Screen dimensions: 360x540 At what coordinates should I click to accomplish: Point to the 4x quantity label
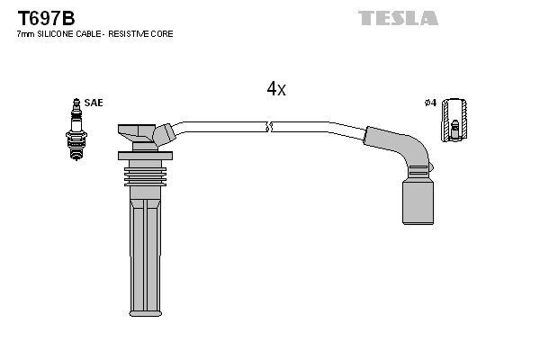tap(276, 88)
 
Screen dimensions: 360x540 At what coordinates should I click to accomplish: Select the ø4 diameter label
tap(430, 103)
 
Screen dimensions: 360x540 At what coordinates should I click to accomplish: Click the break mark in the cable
tap(269, 126)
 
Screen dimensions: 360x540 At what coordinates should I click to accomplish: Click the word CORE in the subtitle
tap(163, 33)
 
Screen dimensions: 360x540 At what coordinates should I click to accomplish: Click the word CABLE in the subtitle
tap(84, 33)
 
